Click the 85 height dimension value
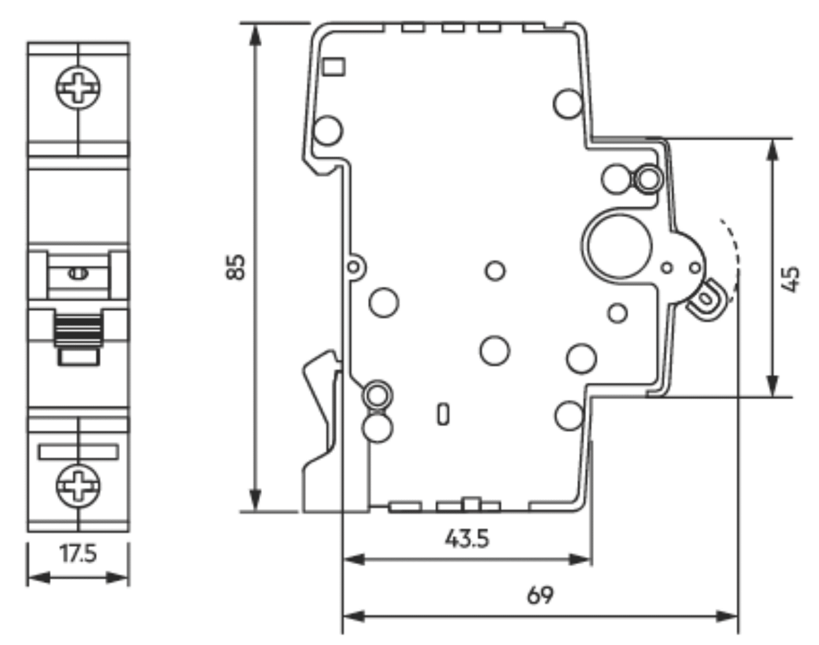tap(235, 267)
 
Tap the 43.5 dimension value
tap(467, 539)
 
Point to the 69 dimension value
tap(540, 595)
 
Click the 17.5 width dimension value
tap(78, 554)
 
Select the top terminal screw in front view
tap(78, 88)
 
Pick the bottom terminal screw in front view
tap(78, 486)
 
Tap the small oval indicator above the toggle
tap(78, 273)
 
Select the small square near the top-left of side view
tap(334, 67)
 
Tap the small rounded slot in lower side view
tap(443, 414)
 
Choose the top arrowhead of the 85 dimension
tap(255, 35)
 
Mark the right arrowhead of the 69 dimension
tap(727, 616)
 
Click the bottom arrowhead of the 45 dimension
tap(772, 386)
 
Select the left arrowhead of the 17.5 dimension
tap(39, 578)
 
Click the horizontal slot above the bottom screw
tap(78, 453)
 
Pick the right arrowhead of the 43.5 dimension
tap(580, 560)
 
